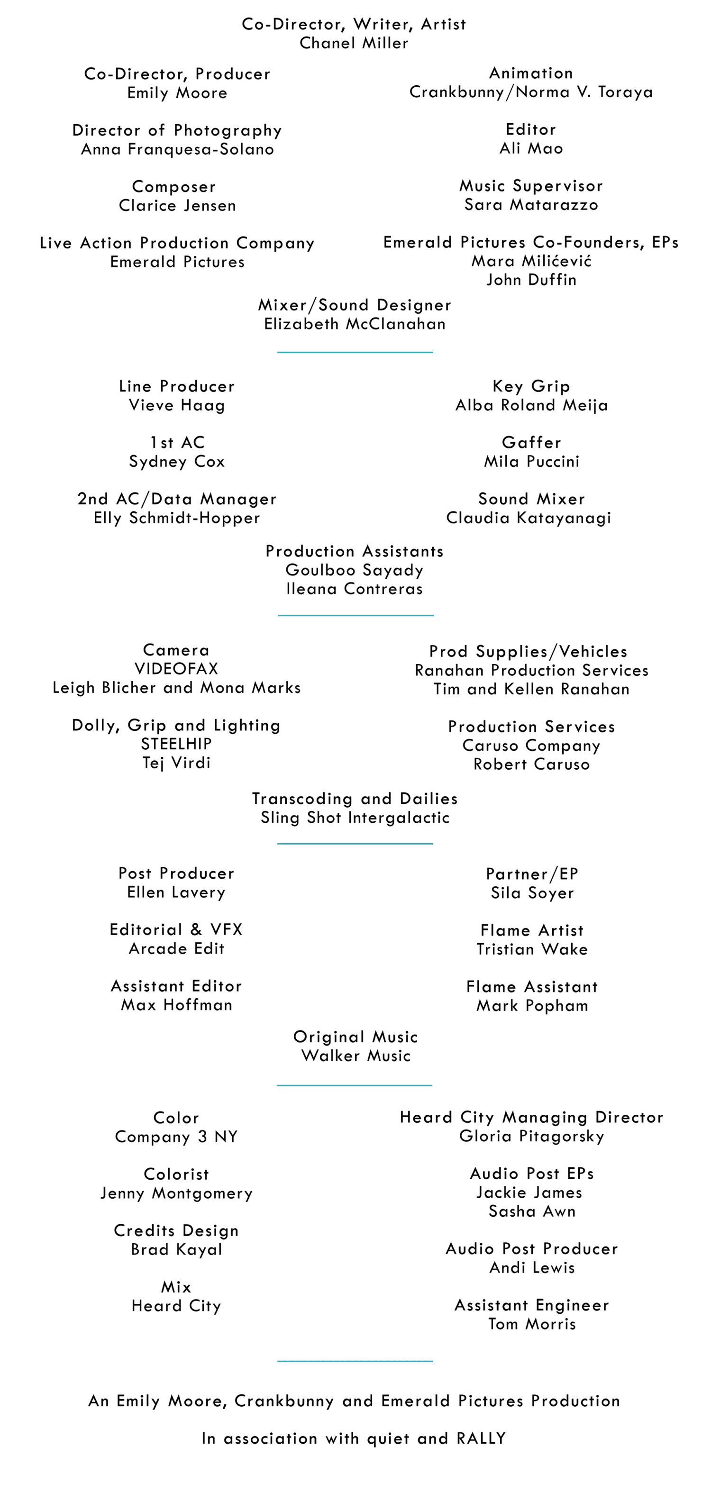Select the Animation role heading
(531, 73)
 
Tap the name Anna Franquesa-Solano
(177, 150)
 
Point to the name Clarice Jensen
(177, 206)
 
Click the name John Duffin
(531, 280)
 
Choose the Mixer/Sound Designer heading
(355, 305)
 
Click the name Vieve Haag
(177, 405)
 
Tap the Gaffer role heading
(531, 443)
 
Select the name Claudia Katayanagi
(529, 518)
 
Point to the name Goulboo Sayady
(355, 570)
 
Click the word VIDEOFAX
(176, 669)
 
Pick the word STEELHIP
(176, 744)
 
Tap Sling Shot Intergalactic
(355, 818)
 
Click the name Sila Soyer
(532, 893)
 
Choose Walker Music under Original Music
(355, 1056)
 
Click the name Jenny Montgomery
(176, 1193)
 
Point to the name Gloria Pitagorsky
(531, 1136)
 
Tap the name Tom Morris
(531, 1324)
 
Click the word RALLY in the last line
(481, 1439)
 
